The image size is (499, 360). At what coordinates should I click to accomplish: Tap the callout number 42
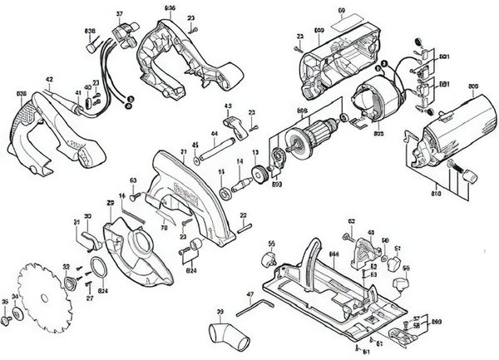[49, 80]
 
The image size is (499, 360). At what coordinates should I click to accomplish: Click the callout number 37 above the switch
[119, 15]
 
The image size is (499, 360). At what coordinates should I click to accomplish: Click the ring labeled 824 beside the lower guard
[98, 268]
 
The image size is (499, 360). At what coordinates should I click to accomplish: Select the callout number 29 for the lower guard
[109, 203]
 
